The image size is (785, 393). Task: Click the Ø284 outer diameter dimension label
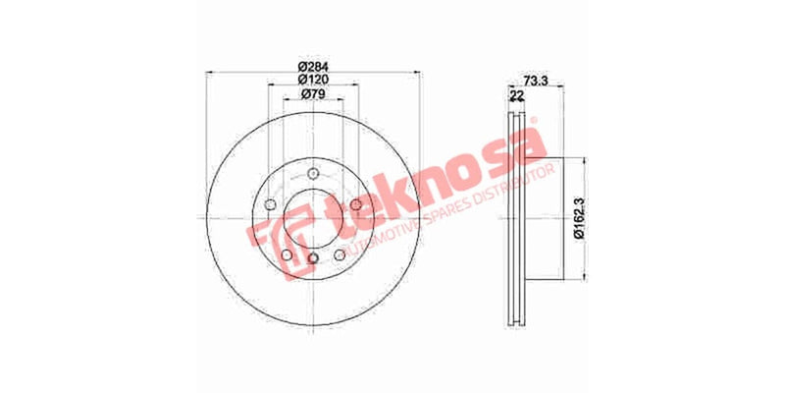312,66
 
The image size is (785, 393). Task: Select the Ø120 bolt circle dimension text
312,80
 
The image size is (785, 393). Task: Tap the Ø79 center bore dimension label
312,93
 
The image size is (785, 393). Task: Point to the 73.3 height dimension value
536,80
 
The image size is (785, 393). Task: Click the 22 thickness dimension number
516,95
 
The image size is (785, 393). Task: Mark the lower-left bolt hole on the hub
286,254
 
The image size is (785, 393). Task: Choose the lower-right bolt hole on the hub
340,254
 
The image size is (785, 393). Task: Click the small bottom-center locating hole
313,258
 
